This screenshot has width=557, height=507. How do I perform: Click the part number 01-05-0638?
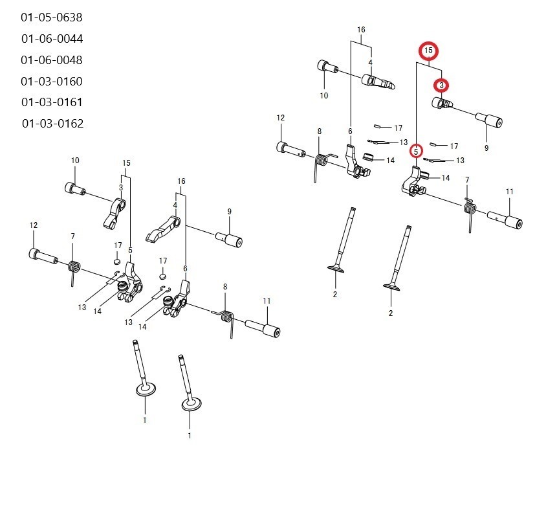coord(52,17)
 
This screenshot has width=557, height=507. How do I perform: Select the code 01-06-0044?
coord(52,39)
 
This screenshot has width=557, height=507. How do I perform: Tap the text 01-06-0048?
coord(52,60)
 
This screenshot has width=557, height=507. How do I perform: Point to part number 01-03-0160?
coord(52,82)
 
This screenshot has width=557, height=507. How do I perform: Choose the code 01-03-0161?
coord(52,102)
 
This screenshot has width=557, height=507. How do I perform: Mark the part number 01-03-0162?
coord(52,124)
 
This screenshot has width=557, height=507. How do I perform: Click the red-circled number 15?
coord(428,51)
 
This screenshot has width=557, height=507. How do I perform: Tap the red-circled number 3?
coord(441,85)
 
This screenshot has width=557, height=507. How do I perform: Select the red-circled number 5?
coord(416,152)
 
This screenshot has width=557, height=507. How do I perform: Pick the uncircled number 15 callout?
coord(126,163)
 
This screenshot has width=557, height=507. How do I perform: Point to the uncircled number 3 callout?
coord(121,187)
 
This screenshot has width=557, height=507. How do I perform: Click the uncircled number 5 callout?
coord(130,251)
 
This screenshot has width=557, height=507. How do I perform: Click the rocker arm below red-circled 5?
coord(413,181)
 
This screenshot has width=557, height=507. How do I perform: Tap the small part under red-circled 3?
coord(442,104)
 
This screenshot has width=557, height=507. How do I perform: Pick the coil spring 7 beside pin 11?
coord(470,212)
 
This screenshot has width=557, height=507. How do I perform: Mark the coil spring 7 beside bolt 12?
coord(74,269)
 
